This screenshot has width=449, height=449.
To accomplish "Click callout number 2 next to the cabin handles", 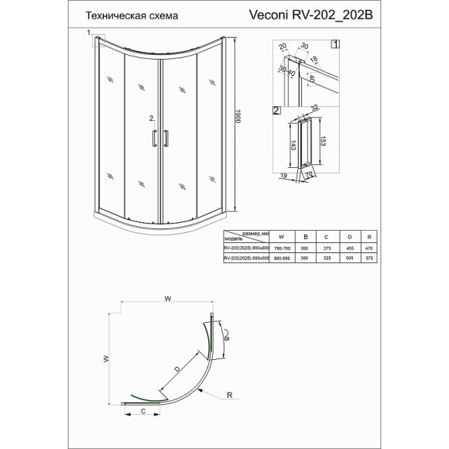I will (x=151, y=118).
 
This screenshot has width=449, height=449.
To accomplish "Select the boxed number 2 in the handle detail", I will (x=276, y=111).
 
